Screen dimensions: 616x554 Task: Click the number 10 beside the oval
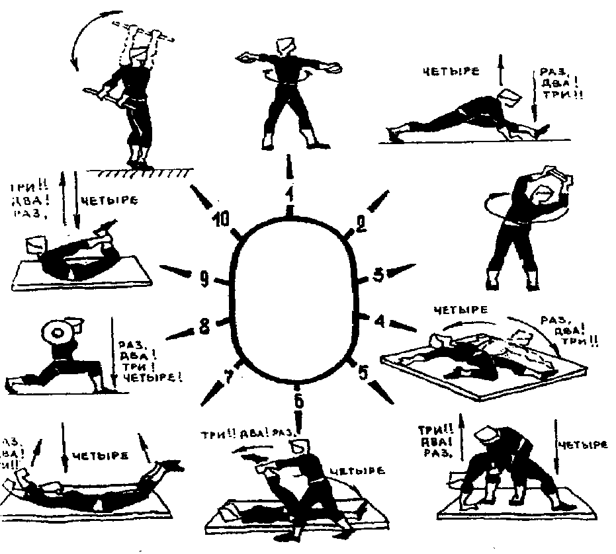click(222, 219)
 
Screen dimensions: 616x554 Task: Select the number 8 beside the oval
click(205, 325)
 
